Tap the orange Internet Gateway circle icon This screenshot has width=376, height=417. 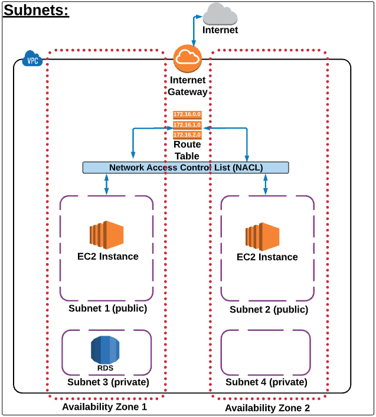pos(187,58)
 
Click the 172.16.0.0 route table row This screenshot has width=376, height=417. pos(187,114)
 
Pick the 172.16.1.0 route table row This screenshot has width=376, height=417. pos(187,124)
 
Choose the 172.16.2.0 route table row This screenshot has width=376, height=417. pos(187,135)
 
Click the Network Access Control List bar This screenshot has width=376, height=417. pos(185,168)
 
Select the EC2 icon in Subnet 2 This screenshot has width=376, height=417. pos(262,235)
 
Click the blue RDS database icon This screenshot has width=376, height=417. pos(105,350)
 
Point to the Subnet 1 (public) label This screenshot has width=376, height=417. pos(107,308)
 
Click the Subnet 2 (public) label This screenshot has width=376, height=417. pos(269,309)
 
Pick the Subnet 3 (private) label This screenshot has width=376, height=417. pos(107,382)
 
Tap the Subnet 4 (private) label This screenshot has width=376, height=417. pos(266,382)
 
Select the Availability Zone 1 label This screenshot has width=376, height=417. pos(104,407)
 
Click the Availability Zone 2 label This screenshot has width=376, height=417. pos(267,408)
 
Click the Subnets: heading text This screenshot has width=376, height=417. pos(37,11)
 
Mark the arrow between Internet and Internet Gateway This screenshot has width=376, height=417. pos(193,29)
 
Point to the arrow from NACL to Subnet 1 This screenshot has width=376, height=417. pos(106,185)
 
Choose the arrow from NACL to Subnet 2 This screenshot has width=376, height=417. pos(266,185)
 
